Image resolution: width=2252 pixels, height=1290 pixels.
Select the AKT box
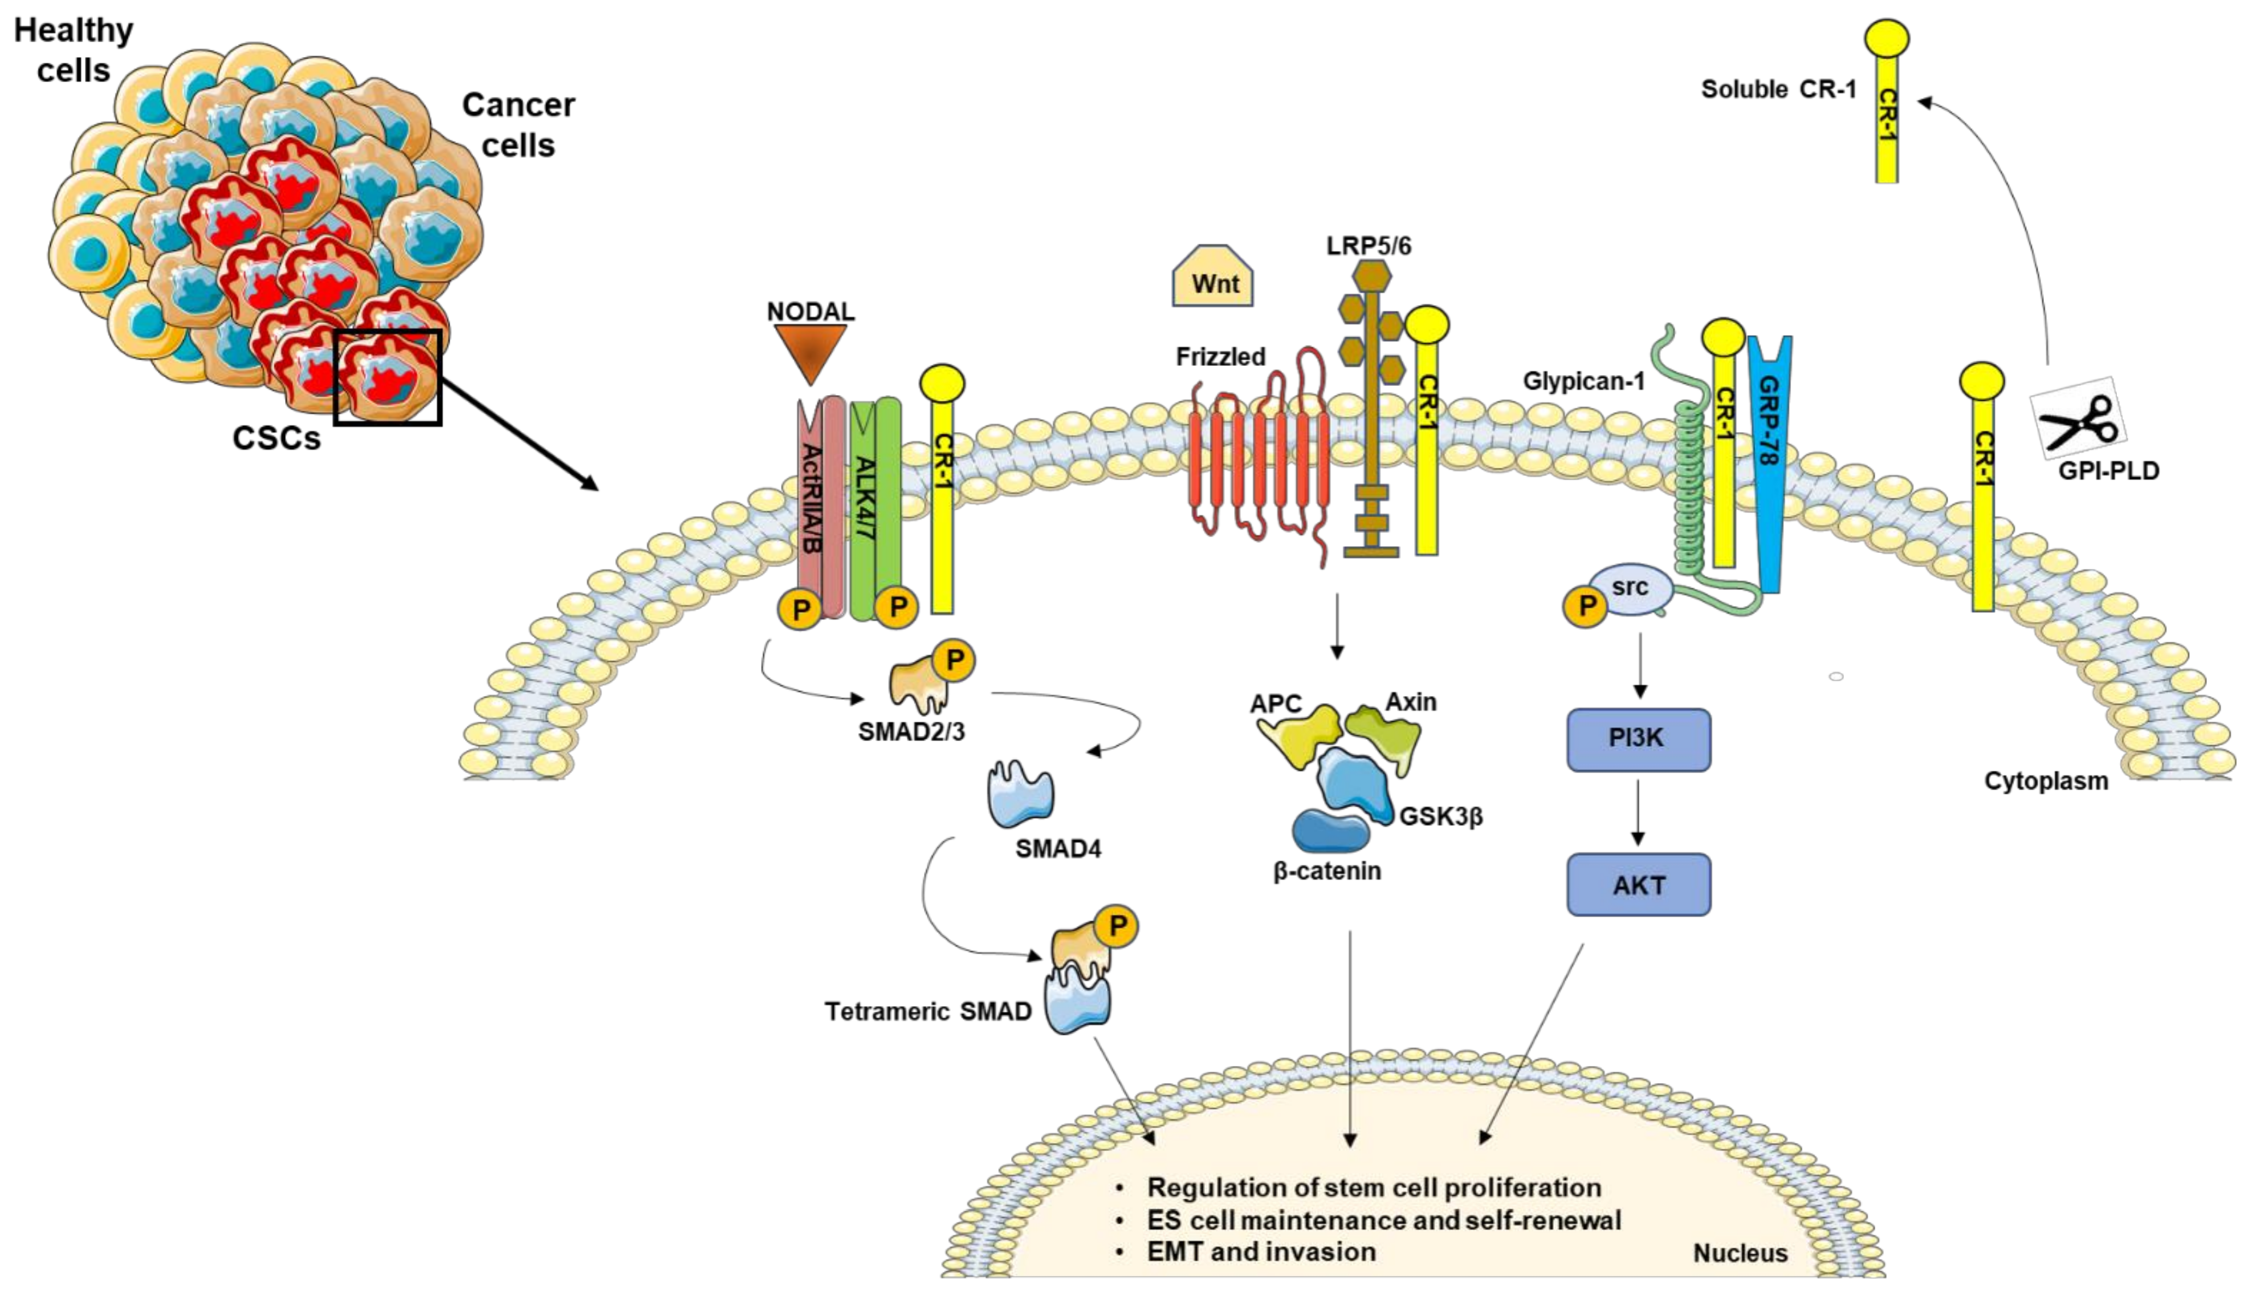click(x=1638, y=884)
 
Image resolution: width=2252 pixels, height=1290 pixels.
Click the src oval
click(x=1631, y=590)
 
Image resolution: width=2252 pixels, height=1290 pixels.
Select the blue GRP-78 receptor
click(x=1769, y=461)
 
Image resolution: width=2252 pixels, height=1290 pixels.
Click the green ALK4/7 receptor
click(x=874, y=510)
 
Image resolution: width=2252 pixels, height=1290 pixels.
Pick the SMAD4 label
click(x=1058, y=849)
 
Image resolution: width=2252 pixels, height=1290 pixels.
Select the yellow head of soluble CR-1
click(x=1886, y=39)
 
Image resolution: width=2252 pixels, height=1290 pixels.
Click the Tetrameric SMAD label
click(x=927, y=1011)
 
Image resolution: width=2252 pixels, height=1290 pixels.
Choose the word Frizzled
click(x=1220, y=356)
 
